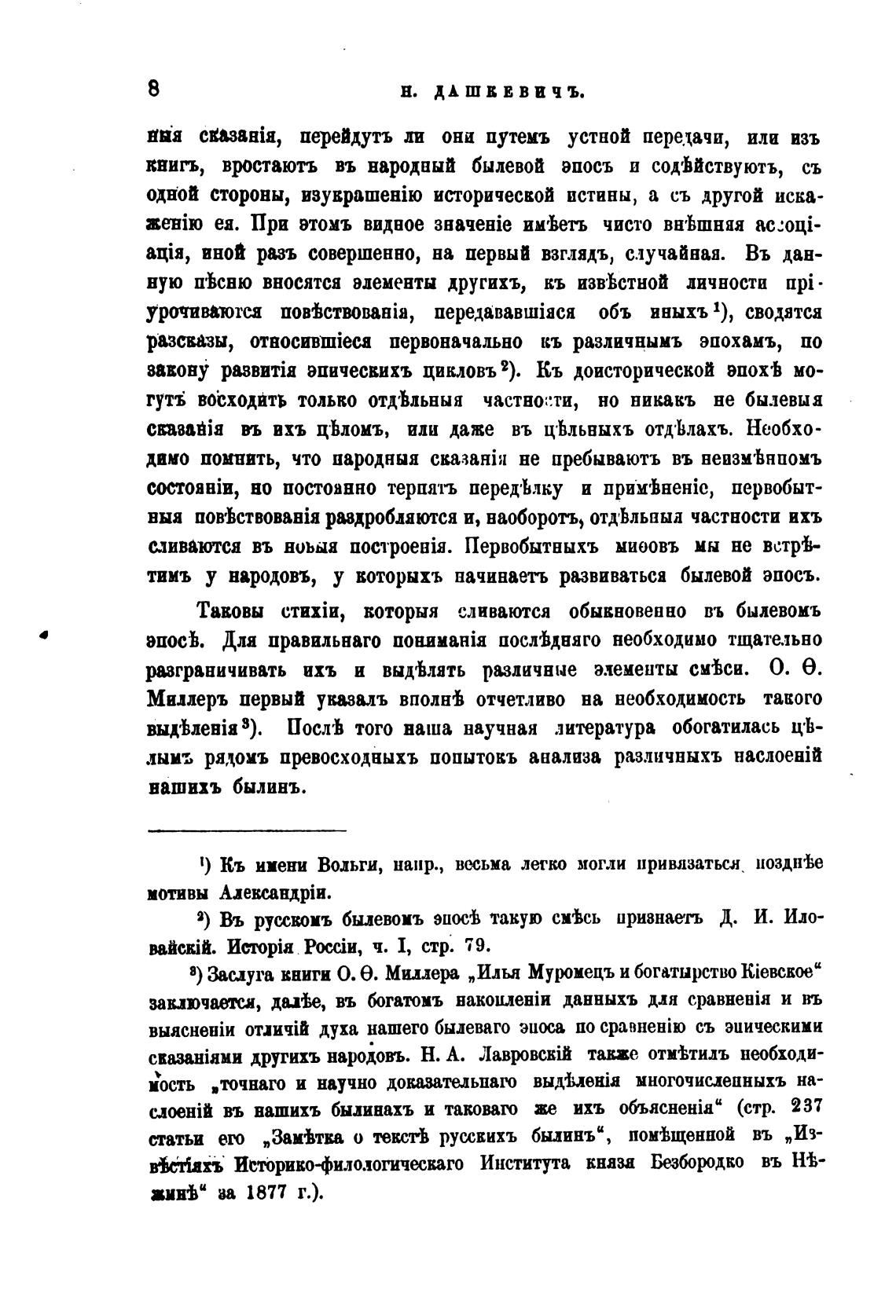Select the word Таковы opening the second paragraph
(x=229, y=610)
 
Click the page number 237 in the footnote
(x=802, y=1105)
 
